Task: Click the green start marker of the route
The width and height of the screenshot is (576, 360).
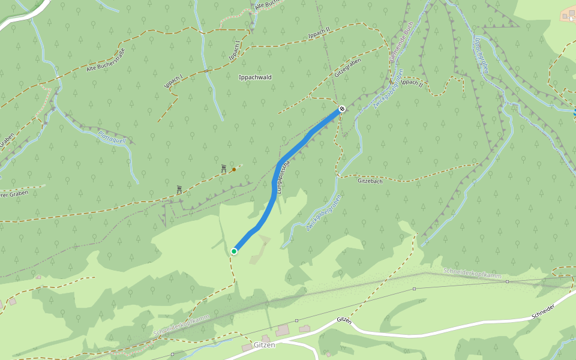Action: point(234,251)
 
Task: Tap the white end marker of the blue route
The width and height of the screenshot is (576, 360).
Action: point(341,109)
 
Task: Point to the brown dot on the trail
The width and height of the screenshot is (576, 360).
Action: point(234,170)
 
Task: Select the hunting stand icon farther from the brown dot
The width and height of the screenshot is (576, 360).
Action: point(179,190)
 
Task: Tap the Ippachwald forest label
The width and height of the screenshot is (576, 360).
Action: point(255,77)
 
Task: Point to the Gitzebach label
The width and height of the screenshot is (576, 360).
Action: point(370,181)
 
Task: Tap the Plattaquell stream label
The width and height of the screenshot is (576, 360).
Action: point(112,136)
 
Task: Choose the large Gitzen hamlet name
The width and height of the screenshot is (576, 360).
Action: point(264,345)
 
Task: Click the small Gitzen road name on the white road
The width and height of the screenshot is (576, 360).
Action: point(343,320)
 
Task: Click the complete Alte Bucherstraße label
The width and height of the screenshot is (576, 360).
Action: point(106,60)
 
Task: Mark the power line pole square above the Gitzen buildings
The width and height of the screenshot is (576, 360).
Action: point(414,288)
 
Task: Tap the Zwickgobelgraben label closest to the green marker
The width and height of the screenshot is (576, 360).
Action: point(323,213)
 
